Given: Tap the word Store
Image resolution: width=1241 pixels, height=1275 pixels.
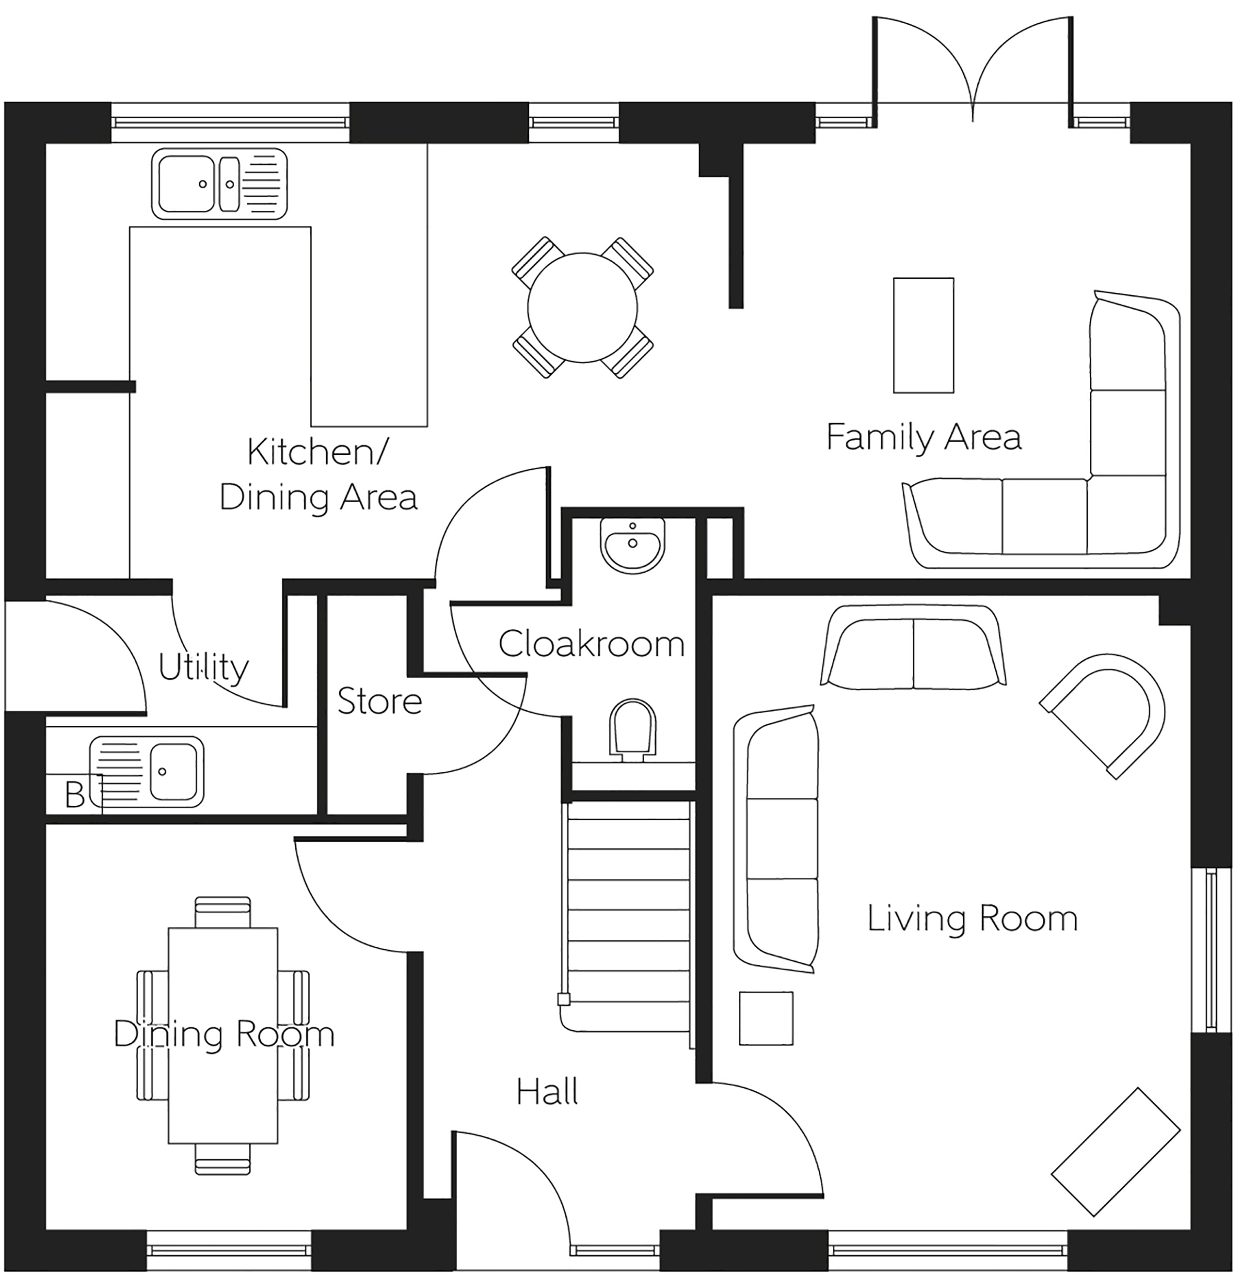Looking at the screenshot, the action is [380, 701].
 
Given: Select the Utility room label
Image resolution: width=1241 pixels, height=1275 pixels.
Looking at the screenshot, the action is [203, 668].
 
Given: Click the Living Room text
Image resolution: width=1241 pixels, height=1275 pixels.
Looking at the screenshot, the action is [972, 919].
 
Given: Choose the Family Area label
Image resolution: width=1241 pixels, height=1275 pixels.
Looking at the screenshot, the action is [923, 437].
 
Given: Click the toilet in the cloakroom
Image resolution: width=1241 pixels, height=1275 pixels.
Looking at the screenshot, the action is [632, 731].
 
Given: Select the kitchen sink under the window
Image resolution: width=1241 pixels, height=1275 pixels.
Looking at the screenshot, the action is [220, 184].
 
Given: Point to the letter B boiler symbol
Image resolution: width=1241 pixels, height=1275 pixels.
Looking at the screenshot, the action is [74, 795].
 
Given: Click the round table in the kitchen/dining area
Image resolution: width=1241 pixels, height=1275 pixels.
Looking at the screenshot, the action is [583, 308].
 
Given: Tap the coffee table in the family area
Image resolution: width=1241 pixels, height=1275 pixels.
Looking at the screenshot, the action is [923, 335].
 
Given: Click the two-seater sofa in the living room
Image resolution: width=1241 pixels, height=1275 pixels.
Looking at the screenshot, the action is [913, 647].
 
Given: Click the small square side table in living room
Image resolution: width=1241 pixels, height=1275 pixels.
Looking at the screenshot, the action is [766, 1018].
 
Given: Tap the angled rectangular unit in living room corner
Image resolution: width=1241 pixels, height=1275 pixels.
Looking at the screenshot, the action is [1116, 1152].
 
